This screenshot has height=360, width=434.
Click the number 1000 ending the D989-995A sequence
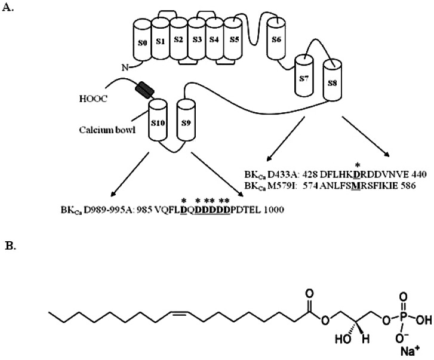coord(273,210)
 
